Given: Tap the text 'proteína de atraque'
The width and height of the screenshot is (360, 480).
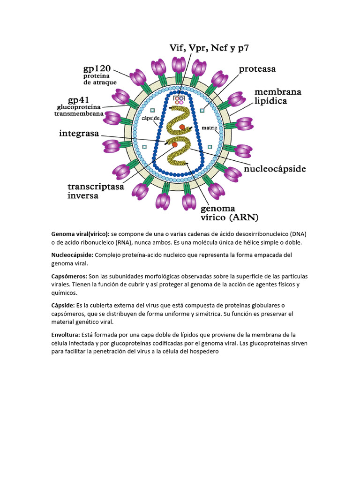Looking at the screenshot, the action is coord(100,79).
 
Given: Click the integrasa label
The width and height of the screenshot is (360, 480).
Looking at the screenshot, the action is coord(79,134).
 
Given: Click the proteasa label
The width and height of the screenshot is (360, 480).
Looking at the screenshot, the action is coord(257,69).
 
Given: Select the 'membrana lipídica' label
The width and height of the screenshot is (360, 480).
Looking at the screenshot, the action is coord(278,96).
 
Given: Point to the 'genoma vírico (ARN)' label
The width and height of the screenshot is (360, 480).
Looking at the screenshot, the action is coord(230,213).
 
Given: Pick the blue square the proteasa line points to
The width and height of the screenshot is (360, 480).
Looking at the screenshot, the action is coord(202,111).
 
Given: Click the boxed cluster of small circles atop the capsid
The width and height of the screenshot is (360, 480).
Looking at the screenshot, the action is coord(179,100).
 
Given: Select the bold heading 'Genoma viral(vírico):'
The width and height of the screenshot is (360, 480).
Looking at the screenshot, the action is coord(80,233).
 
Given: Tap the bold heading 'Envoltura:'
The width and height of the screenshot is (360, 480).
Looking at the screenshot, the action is coord(66,335).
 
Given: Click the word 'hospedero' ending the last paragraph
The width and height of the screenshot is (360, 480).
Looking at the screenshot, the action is coord(202,352).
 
